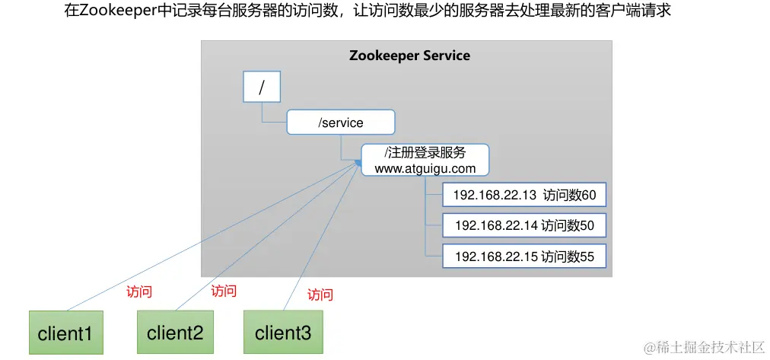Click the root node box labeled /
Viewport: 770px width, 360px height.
point(261,87)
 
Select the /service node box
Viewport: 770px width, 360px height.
point(341,122)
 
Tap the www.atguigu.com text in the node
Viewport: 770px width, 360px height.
point(425,167)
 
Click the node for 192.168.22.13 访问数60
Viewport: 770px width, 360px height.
point(524,196)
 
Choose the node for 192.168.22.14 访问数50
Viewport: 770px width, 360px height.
point(524,226)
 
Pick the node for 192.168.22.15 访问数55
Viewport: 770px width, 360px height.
point(524,256)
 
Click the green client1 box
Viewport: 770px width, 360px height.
point(65,333)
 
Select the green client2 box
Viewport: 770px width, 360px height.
point(175,332)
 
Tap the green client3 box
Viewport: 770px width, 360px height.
point(282,332)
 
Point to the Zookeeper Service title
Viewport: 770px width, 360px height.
point(409,56)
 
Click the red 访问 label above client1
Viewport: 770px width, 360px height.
point(138,292)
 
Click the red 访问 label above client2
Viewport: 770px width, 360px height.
point(224,291)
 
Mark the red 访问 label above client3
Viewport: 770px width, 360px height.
point(320,295)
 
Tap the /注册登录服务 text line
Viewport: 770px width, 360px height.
point(425,152)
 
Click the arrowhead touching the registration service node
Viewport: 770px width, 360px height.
point(358,161)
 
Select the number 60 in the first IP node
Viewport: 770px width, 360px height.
point(588,196)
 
